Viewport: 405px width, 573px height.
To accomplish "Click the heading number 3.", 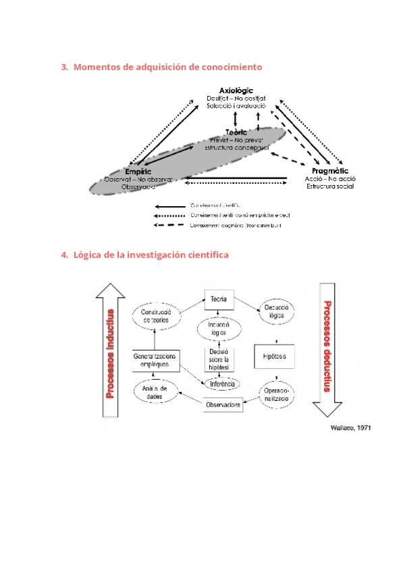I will pyautogui.click(x=64, y=67).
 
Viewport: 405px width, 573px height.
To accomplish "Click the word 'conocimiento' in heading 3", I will pyautogui.click(x=232, y=67).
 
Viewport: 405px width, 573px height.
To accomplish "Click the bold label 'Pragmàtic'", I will pyautogui.click(x=330, y=172).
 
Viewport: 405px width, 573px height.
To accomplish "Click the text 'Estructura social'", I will pyautogui.click(x=330, y=186).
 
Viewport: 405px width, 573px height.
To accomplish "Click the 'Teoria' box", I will pyautogui.click(x=218, y=299).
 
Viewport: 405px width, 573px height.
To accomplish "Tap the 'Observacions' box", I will pyautogui.click(x=223, y=404).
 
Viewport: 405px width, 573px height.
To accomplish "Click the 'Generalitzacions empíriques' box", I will pyautogui.click(x=155, y=359).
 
